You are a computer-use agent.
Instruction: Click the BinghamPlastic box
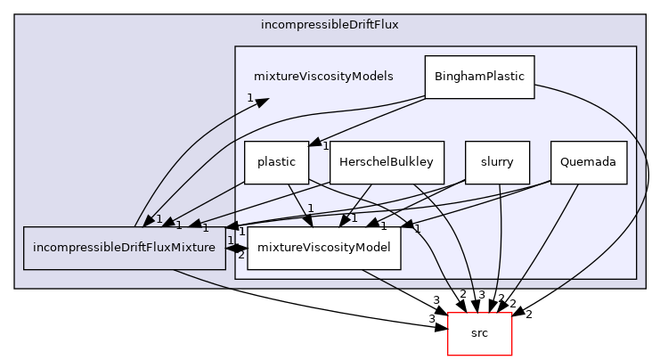(x=479, y=77)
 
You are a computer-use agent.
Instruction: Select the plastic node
(x=276, y=162)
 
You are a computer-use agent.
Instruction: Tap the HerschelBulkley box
(x=387, y=162)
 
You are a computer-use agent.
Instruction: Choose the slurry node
(x=497, y=162)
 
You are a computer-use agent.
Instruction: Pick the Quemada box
(x=588, y=162)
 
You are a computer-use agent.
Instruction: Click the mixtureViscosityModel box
(x=323, y=248)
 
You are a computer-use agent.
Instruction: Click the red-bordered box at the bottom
(x=479, y=333)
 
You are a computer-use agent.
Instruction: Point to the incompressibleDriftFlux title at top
(x=330, y=24)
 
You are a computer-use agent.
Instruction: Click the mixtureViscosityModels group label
(x=323, y=77)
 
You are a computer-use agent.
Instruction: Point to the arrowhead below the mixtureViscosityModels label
(x=262, y=102)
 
